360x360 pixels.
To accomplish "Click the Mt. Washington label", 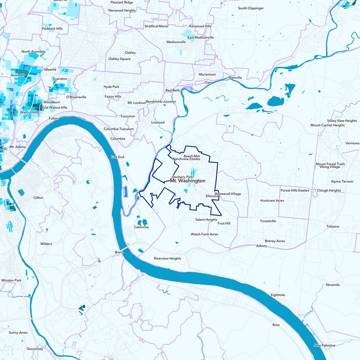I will [x=188, y=180].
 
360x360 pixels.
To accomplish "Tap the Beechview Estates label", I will [x=186, y=159].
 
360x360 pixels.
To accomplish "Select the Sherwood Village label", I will [x=228, y=193].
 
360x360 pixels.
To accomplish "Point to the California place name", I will [x=141, y=227].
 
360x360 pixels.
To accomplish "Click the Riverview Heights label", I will [x=167, y=259].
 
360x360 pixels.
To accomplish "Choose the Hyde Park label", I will [x=111, y=86].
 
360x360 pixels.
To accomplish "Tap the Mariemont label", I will [x=207, y=74].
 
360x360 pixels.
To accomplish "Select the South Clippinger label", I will [x=252, y=8].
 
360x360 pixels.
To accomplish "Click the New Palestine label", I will [x=324, y=345].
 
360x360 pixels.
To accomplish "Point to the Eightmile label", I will [x=278, y=295].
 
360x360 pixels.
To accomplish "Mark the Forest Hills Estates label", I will [x=295, y=190].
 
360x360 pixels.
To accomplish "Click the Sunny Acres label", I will [x=18, y=333].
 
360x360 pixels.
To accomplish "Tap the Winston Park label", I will [x=11, y=280].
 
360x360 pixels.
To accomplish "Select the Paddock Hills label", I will [x=52, y=28].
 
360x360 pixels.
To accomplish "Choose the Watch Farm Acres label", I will [x=204, y=234].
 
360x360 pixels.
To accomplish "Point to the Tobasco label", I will [x=333, y=226].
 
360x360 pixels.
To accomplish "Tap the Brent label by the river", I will [x=119, y=252].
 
